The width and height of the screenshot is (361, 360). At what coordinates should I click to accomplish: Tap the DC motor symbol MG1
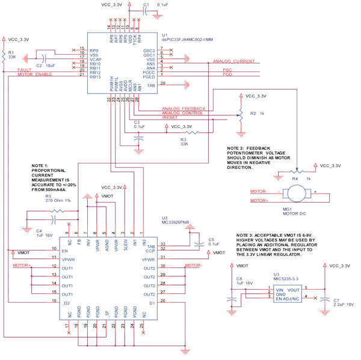pyautogui.click(x=295, y=194)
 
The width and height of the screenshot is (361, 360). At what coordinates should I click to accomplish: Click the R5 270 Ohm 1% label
pyautogui.click(x=57, y=198)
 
